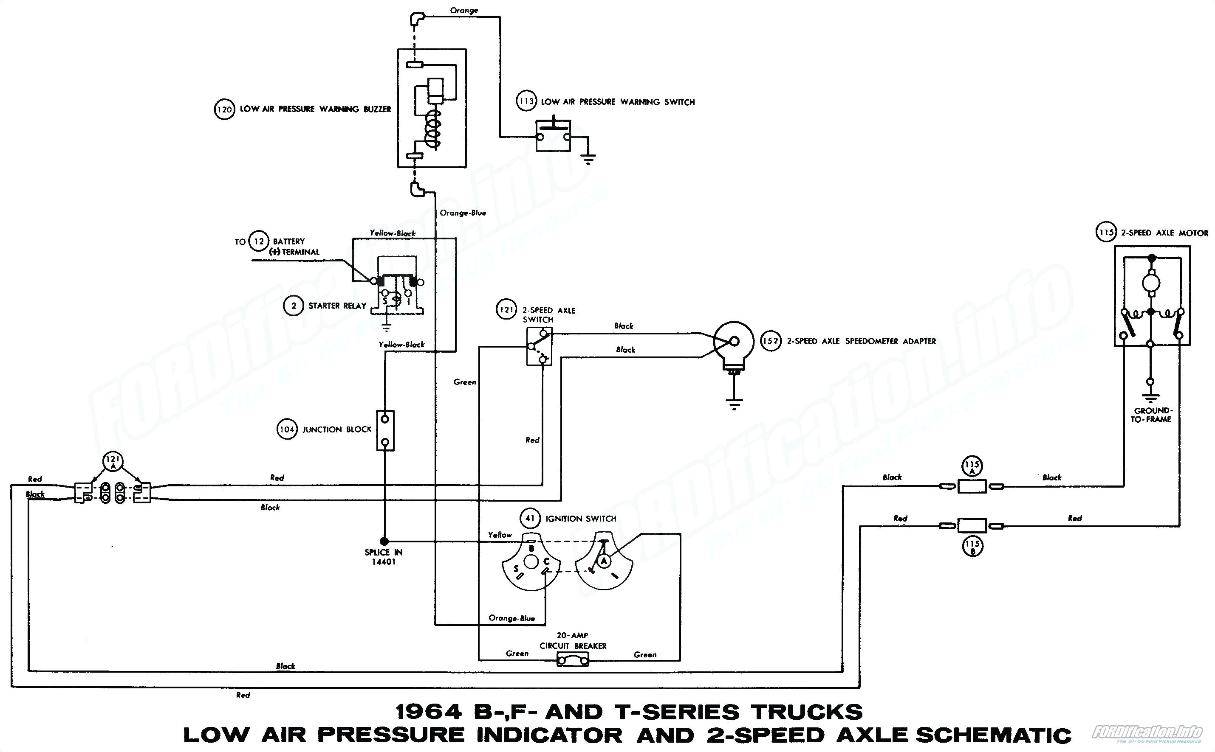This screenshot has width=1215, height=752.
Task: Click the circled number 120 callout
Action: coord(224,109)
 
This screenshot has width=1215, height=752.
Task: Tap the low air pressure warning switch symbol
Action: coord(553,135)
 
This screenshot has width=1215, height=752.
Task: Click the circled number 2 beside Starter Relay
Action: coord(294,306)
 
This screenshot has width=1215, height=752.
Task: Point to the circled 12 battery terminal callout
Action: coord(259,242)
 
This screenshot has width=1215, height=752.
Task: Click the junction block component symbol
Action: coord(385,430)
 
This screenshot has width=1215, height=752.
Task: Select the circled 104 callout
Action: coord(287,429)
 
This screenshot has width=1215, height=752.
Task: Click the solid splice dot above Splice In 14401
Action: coord(384,541)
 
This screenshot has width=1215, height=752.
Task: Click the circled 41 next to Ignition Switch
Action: coord(530,518)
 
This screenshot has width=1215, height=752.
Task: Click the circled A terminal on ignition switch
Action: coord(604,561)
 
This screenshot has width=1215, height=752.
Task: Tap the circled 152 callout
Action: coord(771,341)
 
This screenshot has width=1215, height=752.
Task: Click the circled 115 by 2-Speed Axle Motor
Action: coord(1106,232)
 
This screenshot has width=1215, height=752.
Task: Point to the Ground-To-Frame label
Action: coord(1151,415)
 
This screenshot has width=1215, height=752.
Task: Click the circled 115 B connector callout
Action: coord(972,547)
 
